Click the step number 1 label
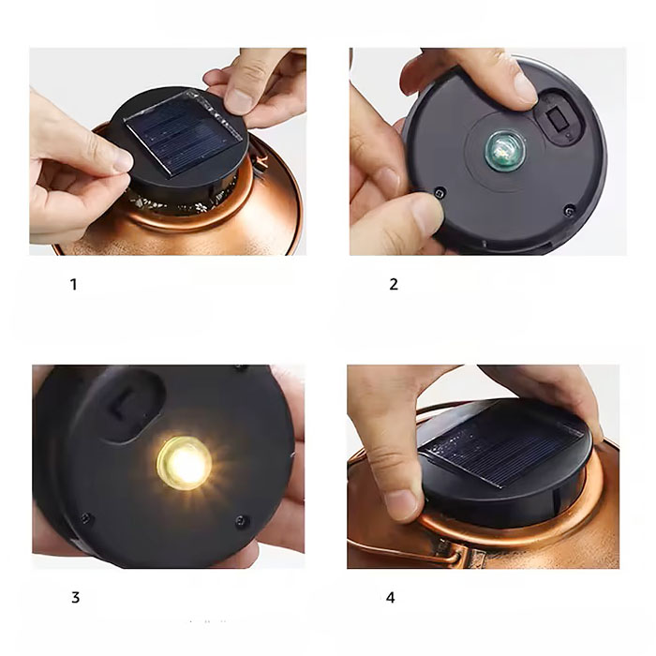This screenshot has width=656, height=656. click(74, 285)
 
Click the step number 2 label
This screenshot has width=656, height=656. click(394, 285)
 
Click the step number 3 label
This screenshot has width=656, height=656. click(75, 598)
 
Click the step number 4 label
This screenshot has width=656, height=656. click(391, 598)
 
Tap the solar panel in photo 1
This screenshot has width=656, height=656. click(184, 132)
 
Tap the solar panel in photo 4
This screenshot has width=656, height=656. click(502, 443)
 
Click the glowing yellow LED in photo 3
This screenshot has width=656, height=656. click(184, 464)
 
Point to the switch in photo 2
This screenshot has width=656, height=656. click(558, 118)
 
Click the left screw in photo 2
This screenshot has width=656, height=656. click(440, 193)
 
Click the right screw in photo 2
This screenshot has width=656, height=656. click(569, 211)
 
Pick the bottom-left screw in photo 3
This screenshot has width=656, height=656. click(86, 519)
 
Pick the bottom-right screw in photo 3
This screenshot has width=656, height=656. click(242, 521)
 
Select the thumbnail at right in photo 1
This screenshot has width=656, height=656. click(237, 101)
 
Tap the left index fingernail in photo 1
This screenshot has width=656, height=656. click(124, 161)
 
